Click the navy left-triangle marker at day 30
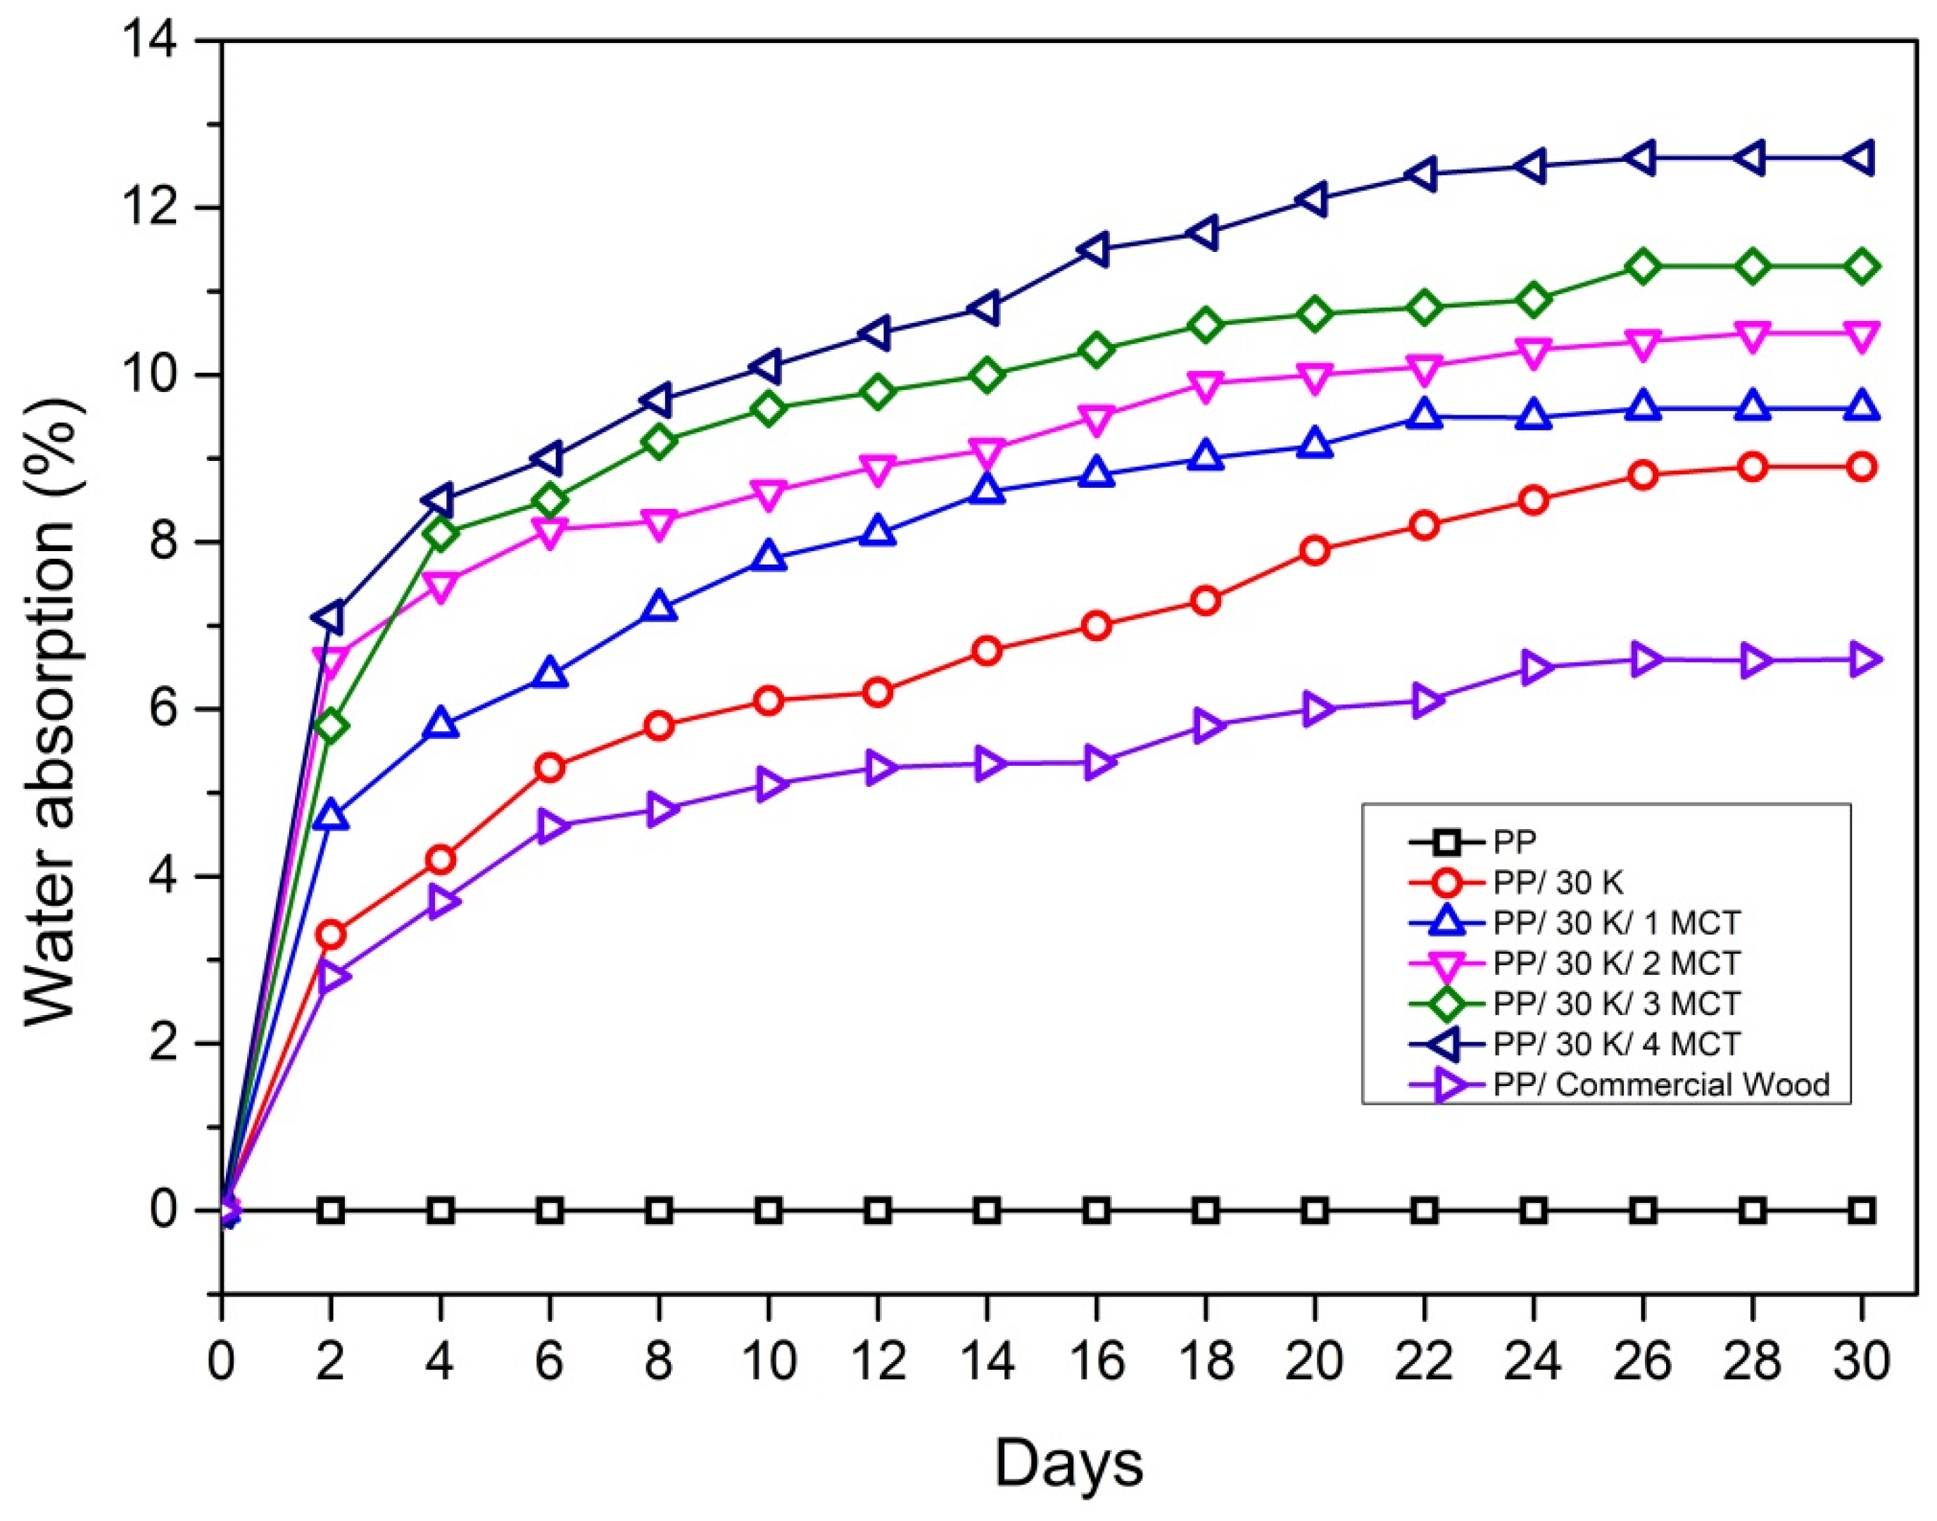tap(1860, 158)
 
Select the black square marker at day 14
tap(987, 1211)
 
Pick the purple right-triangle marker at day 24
tap(1534, 668)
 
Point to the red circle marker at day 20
tap(1315, 551)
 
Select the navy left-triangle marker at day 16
tap(1097, 249)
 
